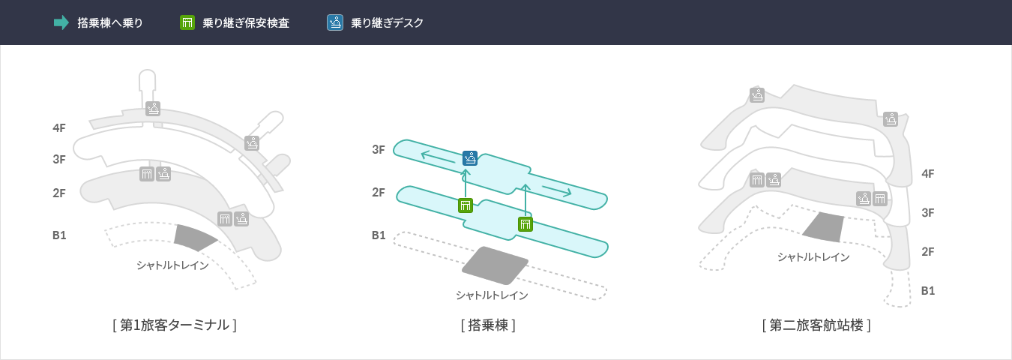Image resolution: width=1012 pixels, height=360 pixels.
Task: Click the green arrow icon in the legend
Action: coord(61,22)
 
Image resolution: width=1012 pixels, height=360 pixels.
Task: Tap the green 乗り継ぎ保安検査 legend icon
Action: coord(187,22)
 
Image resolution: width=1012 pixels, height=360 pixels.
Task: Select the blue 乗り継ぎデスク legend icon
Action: coord(335,22)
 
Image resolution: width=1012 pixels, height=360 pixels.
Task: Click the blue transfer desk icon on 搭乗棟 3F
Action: coord(470,157)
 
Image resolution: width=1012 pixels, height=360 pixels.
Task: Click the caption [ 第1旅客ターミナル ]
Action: coord(174,325)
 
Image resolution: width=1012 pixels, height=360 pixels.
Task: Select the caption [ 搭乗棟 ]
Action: coord(488,325)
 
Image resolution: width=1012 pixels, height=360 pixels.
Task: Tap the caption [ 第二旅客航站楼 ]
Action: coord(816,325)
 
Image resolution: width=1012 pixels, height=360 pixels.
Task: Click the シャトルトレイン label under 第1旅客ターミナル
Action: coord(172,265)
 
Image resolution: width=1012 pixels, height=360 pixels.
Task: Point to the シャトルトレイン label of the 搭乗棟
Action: coord(492,295)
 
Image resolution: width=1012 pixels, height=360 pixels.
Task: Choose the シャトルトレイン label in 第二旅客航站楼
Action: coord(813,257)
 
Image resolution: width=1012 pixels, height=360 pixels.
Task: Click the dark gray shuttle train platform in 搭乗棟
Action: coord(494,265)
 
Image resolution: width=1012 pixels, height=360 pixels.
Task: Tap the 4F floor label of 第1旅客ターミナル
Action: coord(59,127)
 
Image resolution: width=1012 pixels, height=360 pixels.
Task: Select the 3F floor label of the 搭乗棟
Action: coord(379,149)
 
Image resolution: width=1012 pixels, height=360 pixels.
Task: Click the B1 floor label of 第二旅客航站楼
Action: coord(927,290)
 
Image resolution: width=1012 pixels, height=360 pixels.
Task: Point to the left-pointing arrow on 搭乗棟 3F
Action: coord(438,156)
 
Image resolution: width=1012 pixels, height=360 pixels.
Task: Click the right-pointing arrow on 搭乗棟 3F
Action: coord(555,190)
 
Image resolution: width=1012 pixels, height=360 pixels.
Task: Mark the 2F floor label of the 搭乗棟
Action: coord(379,192)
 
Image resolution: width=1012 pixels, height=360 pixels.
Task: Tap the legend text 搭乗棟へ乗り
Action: coord(110,22)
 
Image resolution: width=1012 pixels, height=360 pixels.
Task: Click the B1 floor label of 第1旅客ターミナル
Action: coord(59,235)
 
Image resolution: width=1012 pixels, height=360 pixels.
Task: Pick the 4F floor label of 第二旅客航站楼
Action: coord(927,173)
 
